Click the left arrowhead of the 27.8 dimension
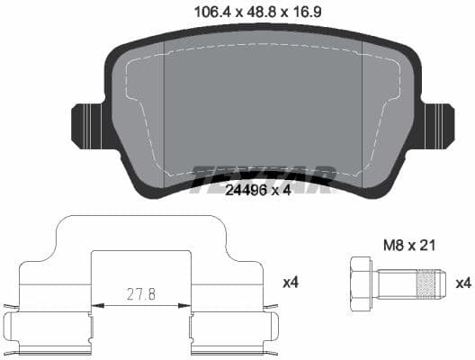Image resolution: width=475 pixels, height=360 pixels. pos(97,303)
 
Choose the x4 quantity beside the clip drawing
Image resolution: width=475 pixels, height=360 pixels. pos(290,283)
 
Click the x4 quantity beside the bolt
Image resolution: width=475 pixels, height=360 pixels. pos(463,283)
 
